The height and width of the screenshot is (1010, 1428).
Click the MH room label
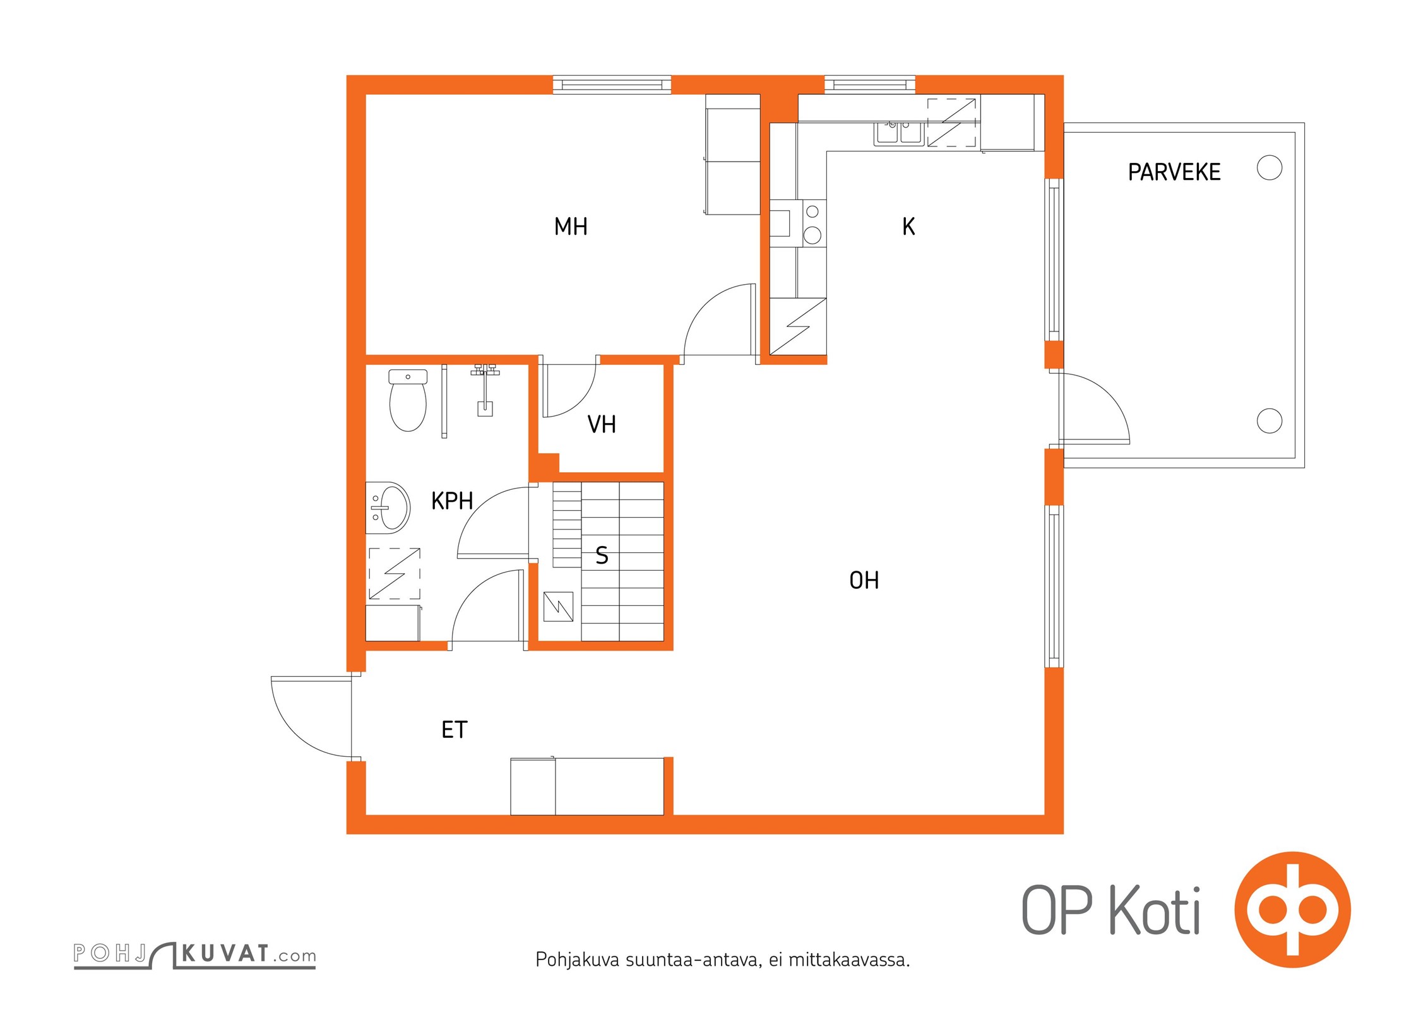pos(571,227)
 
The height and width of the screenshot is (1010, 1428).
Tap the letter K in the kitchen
pos(908,227)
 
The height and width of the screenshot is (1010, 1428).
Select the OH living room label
pos(864,580)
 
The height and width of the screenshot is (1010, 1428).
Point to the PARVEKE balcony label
pos(1174,172)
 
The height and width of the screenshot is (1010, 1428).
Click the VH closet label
pos(602,424)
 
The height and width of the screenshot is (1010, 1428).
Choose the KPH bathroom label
pos(452,501)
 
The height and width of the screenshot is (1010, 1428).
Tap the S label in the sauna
pos(602,555)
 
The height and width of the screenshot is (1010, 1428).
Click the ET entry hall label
pos(454,730)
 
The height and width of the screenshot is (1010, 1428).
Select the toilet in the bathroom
pos(408,400)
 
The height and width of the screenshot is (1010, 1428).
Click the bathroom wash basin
pos(388,508)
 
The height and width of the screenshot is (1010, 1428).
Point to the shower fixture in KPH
pos(485,389)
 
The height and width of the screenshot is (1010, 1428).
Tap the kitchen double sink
pos(899,134)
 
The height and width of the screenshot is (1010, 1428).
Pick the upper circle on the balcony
pos(1270,168)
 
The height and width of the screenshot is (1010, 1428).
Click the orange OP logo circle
pos(1293,910)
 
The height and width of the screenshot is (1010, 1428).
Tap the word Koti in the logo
pos(1155,910)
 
